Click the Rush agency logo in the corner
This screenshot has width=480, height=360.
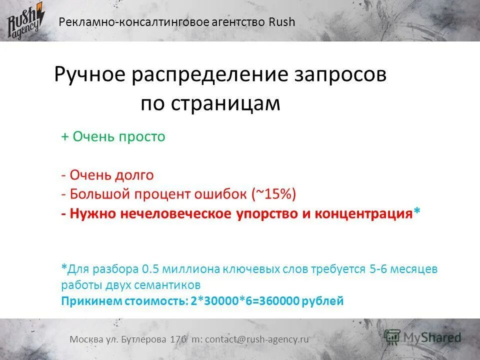click(x=25, y=21)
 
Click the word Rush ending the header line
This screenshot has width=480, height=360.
click(x=282, y=22)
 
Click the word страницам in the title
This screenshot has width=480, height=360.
click(x=225, y=104)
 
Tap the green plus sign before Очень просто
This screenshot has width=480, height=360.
click(x=65, y=137)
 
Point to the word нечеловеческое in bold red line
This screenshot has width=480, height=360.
click(x=174, y=213)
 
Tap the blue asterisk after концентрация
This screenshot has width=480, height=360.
click(x=417, y=212)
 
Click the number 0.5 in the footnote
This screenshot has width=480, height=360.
click(x=150, y=269)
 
